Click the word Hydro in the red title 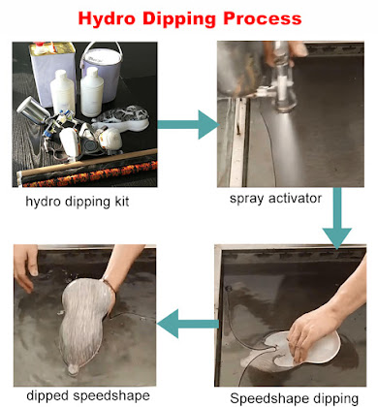[107, 18]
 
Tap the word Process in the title [263, 18]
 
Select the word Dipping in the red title [179, 19]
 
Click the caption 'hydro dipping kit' [78, 202]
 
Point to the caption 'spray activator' [275, 199]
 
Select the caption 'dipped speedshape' [88, 396]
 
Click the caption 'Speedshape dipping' [295, 398]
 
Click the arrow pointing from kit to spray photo [188, 125]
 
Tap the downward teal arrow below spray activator [337, 218]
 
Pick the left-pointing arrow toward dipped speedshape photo [188, 324]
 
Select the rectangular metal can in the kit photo [52, 74]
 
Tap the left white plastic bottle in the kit [62, 94]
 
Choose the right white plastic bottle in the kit [92, 92]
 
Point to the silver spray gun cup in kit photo [32, 109]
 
